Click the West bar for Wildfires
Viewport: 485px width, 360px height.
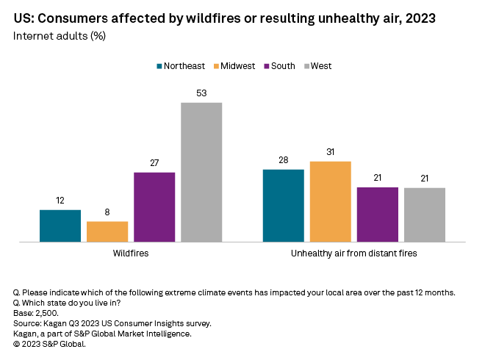click(201, 172)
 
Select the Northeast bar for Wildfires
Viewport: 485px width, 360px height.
click(60, 226)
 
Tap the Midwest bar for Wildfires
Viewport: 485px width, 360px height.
click(107, 231)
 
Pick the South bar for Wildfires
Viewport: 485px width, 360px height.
click(154, 206)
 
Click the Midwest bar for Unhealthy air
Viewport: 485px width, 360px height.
click(331, 201)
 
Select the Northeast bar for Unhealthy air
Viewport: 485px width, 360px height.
click(284, 206)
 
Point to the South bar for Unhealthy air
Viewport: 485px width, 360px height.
click(378, 215)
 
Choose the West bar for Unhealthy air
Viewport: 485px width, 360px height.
click(425, 215)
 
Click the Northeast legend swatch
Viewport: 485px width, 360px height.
click(159, 66)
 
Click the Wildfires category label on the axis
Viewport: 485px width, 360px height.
click(131, 253)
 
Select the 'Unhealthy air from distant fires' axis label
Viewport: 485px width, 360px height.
click(354, 253)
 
